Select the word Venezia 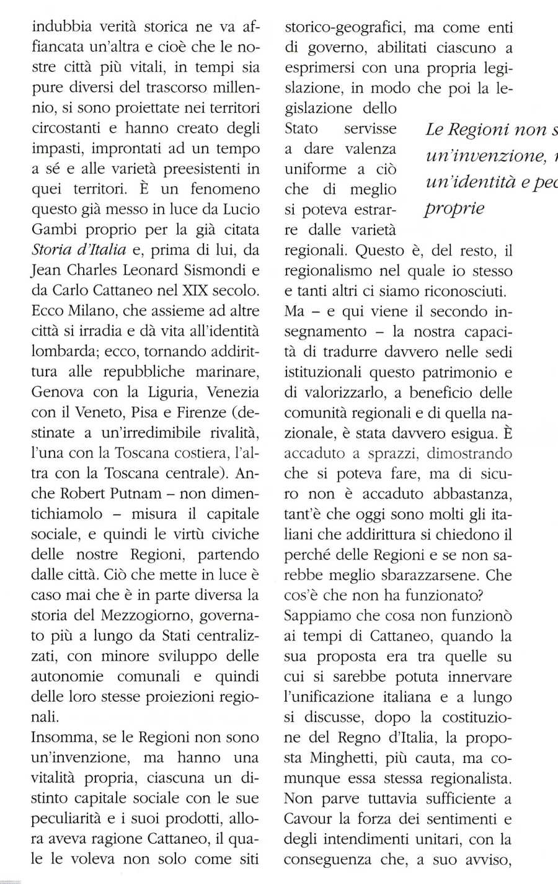[232, 392]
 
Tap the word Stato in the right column [301, 128]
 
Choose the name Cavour [308, 819]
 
